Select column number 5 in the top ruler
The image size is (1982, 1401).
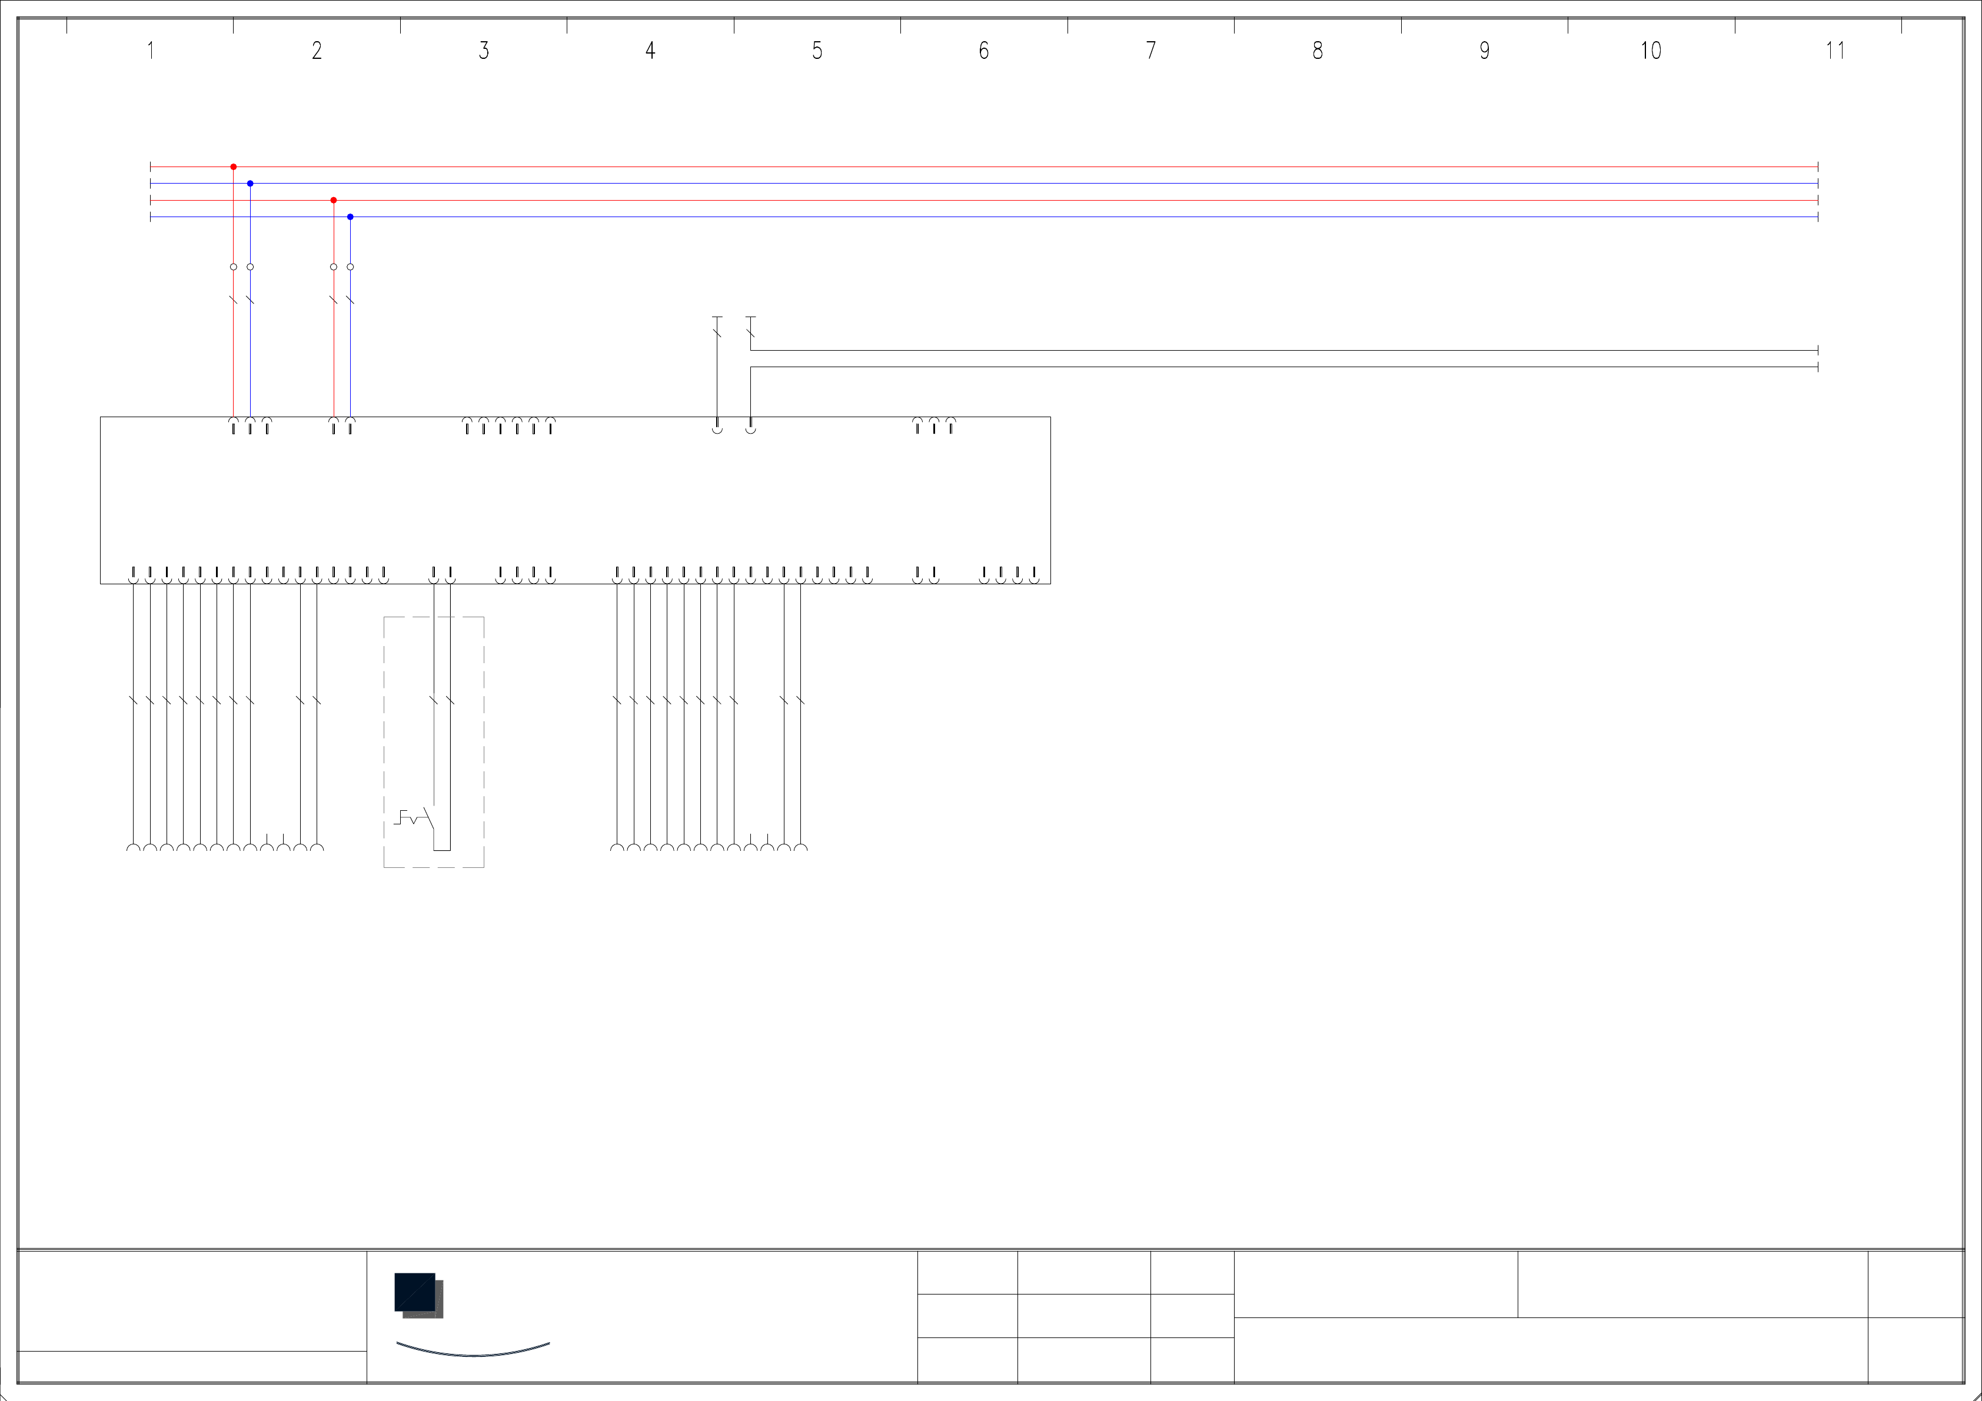tap(817, 51)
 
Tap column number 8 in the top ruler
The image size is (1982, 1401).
tap(1317, 51)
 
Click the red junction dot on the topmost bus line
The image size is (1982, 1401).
tap(233, 167)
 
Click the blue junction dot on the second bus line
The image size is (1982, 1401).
tap(250, 184)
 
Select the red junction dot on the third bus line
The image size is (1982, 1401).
tap(333, 200)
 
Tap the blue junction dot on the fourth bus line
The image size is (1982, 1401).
tap(351, 217)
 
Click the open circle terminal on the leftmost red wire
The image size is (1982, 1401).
tap(233, 267)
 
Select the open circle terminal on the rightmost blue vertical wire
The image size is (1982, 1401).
tap(351, 267)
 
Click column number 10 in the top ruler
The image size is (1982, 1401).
tap(1651, 51)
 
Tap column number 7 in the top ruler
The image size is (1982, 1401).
tap(1150, 51)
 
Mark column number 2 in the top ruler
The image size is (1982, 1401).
tap(317, 51)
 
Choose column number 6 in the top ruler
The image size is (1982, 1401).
tap(984, 51)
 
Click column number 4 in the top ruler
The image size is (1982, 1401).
tap(651, 51)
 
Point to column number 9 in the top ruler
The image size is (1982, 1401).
tap(1485, 51)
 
